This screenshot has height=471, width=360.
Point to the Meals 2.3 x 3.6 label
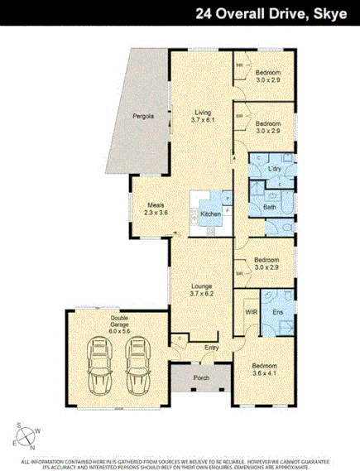(x=156, y=209)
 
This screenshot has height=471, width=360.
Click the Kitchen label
(x=210, y=215)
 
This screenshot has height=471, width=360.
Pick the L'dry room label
(x=276, y=169)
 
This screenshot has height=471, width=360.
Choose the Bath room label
(x=270, y=206)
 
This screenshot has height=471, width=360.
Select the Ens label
(x=277, y=312)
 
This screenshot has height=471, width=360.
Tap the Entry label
(x=210, y=348)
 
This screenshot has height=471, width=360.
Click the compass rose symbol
(x=25, y=434)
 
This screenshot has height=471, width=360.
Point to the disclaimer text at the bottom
(x=180, y=463)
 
